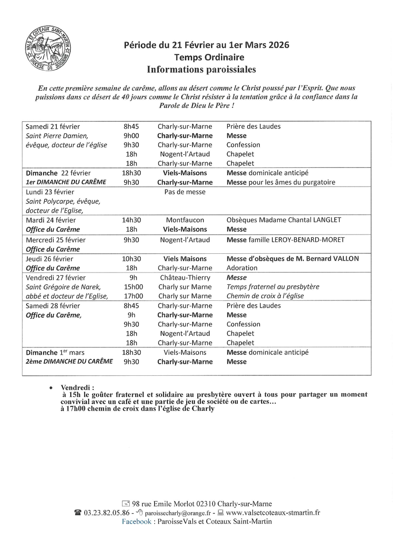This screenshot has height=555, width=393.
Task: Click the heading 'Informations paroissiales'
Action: click(x=201, y=69)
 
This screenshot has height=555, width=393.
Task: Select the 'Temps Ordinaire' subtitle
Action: click(x=209, y=57)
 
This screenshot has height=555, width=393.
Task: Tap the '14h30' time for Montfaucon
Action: click(x=131, y=220)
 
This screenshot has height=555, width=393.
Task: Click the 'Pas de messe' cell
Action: click(x=185, y=192)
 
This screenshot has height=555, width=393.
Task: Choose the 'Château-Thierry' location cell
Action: click(x=185, y=278)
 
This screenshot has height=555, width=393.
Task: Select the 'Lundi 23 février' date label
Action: click(x=50, y=192)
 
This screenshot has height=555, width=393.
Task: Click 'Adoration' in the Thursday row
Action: click(x=242, y=268)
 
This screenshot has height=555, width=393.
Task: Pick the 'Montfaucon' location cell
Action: click(x=185, y=220)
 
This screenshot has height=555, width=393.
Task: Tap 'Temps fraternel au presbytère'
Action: click(x=273, y=287)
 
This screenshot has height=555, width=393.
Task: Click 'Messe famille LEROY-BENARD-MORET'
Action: click(x=286, y=240)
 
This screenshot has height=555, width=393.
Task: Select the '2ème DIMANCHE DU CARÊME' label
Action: click(x=69, y=361)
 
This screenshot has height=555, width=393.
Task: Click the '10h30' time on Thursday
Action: click(x=131, y=259)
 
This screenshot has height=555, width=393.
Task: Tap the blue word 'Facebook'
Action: click(x=136, y=521)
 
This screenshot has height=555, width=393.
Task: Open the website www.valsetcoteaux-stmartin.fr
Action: click(x=273, y=513)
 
